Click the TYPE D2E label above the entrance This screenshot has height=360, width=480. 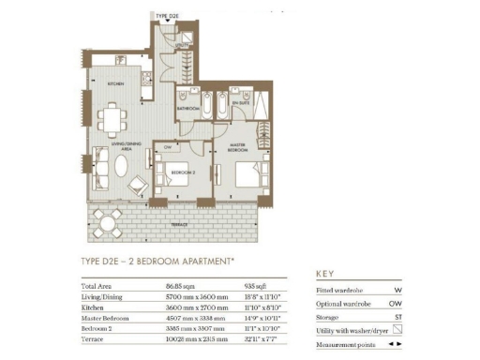tap(168, 16)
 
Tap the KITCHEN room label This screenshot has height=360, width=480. tap(115, 83)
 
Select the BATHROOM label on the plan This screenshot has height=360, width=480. tap(187, 108)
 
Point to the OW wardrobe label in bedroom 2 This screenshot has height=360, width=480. tap(167, 146)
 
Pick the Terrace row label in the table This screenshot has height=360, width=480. tap(96, 339)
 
